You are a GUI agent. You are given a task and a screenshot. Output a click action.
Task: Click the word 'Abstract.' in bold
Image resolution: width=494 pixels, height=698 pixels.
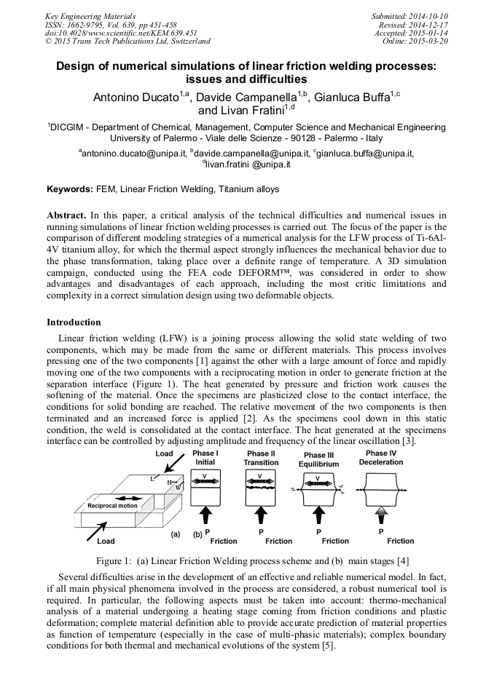coord(67,215)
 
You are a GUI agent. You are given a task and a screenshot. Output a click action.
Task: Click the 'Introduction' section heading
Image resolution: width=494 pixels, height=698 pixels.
coord(74,322)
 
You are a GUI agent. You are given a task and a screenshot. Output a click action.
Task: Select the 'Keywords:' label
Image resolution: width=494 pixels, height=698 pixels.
coord(70,189)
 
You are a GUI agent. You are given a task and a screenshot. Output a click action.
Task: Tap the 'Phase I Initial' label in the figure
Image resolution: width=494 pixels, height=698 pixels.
coord(205,458)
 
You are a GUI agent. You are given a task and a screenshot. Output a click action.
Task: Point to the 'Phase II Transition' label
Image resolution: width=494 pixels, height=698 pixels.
coord(261,458)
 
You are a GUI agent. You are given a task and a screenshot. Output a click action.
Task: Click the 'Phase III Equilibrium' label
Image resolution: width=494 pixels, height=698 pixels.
coord(318,459)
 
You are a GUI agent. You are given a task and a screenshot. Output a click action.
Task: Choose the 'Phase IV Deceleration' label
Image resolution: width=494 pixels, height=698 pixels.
coord(381,458)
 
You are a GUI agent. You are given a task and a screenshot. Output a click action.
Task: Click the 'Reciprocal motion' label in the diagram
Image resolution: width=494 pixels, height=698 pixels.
coord(112,505)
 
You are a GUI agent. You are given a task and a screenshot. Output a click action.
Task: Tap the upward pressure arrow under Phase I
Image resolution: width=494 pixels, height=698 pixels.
coord(205,515)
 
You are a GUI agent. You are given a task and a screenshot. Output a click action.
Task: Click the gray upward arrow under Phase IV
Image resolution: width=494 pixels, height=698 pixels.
coord(381,515)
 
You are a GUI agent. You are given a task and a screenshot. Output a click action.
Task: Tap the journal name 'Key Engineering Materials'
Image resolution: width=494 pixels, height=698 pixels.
coord(90,16)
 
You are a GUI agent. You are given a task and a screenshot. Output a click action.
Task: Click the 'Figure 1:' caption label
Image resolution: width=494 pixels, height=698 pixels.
coord(118,561)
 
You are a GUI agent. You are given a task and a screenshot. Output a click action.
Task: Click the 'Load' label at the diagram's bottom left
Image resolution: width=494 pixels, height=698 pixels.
coord(106,541)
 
